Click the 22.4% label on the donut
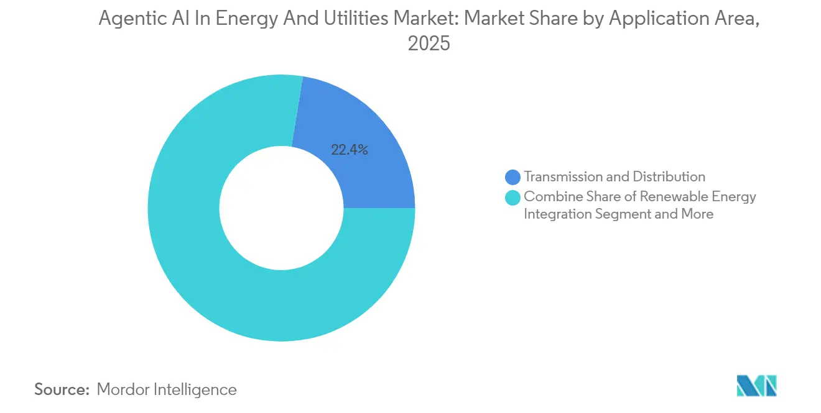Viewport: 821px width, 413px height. coord(350,150)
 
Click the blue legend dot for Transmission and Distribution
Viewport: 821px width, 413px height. coord(513,178)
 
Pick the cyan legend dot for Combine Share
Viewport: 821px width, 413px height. coord(513,198)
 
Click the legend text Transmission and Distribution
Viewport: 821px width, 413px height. coord(615,177)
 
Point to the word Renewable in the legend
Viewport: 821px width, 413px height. coord(674,197)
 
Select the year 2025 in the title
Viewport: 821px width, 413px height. coord(429,43)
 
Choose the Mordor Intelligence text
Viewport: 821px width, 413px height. coord(167,389)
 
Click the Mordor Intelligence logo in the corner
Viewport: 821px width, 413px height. coord(756,386)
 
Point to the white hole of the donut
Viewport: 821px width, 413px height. coord(281,208)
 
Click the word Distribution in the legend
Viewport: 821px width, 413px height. coord(669,177)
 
